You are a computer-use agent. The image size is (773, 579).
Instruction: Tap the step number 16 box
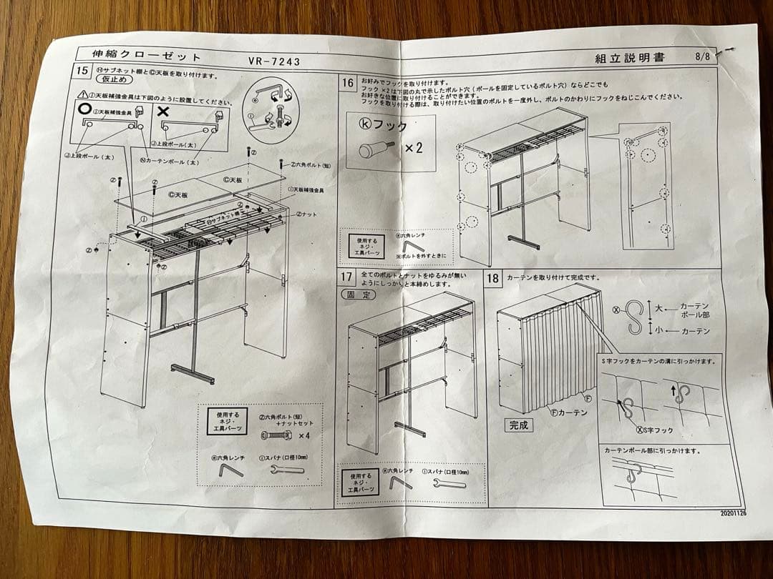point(347,82)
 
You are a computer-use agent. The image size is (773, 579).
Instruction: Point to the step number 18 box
point(494,278)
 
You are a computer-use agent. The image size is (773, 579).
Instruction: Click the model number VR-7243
point(274,61)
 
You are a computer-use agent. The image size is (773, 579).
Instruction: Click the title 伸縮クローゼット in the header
point(147,56)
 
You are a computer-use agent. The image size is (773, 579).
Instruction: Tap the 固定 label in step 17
point(358,294)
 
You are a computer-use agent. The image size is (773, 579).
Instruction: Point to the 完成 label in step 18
point(519,425)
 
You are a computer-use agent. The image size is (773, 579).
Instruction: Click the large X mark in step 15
point(162,112)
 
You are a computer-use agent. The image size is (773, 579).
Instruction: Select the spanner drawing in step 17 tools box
point(449,483)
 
